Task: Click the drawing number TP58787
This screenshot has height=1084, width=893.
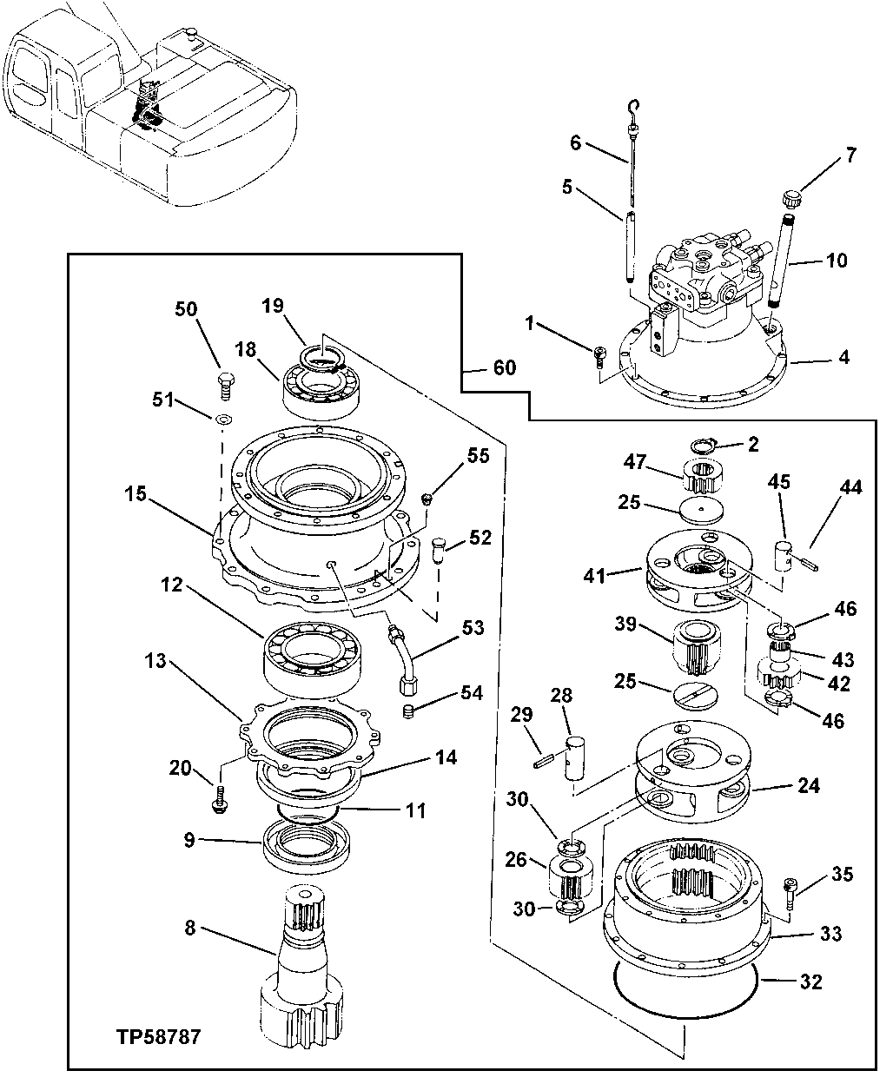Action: [x=157, y=1037]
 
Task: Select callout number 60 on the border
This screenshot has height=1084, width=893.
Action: [x=504, y=368]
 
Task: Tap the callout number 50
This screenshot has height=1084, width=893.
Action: [x=186, y=310]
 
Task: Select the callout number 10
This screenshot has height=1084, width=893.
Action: [x=837, y=261]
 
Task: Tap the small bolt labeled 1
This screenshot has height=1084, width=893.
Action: [x=599, y=354]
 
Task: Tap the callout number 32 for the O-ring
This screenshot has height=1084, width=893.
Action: [x=810, y=982]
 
